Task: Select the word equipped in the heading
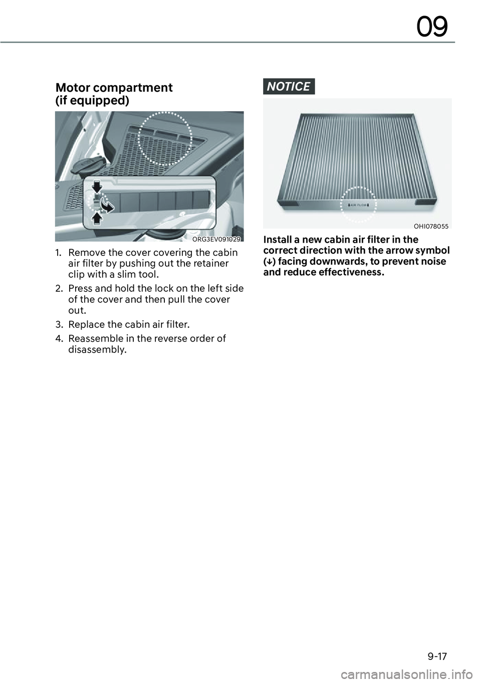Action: pyautogui.click(x=106, y=101)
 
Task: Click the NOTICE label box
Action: pyautogui.click(x=289, y=86)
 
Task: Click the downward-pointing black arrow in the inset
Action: pyautogui.click(x=97, y=187)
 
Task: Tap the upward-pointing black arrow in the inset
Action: pyautogui.click(x=97, y=218)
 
